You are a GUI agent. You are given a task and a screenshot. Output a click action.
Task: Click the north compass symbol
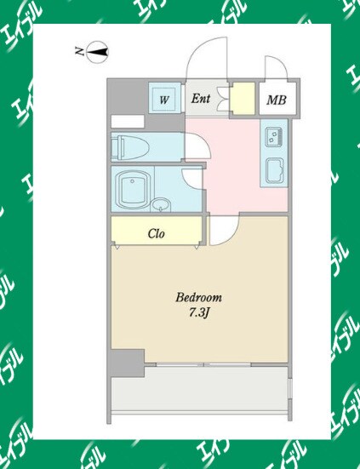(x=97, y=52)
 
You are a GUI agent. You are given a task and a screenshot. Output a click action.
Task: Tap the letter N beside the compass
(x=79, y=51)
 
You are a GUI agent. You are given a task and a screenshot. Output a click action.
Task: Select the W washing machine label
(x=164, y=100)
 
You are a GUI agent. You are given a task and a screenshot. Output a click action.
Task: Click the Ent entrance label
(x=201, y=99)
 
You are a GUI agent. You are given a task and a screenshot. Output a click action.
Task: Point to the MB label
(x=277, y=100)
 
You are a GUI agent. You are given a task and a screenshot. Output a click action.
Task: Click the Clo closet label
(x=156, y=233)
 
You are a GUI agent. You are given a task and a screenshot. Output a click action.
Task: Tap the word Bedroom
(x=199, y=298)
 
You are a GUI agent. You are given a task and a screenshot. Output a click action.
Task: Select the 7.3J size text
(x=198, y=313)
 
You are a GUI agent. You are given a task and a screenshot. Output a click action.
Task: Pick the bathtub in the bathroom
(x=133, y=190)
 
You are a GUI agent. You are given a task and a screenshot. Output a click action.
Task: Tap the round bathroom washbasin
(x=161, y=205)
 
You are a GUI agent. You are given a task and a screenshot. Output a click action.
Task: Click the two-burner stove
(x=274, y=137)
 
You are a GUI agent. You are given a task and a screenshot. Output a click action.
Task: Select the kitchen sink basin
(x=275, y=171)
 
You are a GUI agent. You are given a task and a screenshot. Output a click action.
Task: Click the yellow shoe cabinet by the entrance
(x=243, y=99)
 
